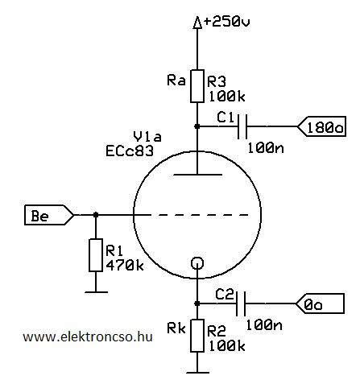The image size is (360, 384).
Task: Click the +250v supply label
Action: (x=227, y=22)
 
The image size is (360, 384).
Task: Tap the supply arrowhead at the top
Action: (x=197, y=22)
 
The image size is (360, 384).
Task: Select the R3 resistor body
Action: (x=197, y=86)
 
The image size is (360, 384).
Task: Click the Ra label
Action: (x=176, y=81)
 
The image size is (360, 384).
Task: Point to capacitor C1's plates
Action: (x=242, y=126)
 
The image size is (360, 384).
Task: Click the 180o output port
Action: (x=321, y=126)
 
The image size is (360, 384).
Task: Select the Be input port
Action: (x=49, y=215)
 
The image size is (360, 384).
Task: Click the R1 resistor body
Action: (x=96, y=255)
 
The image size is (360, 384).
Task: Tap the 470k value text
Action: (x=125, y=266)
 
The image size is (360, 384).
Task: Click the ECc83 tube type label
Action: (x=130, y=151)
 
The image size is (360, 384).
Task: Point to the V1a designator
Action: (x=147, y=137)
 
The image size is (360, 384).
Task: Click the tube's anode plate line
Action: (x=197, y=175)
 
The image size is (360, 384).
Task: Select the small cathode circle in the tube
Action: (x=197, y=263)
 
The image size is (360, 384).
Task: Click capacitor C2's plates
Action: (x=241, y=303)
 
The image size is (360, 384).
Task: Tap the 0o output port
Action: (x=320, y=303)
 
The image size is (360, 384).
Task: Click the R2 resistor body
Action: (x=197, y=336)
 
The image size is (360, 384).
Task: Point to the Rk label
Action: (x=176, y=328)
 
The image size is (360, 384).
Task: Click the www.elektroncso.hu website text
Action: (x=88, y=337)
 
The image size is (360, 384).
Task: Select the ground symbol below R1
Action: (x=96, y=292)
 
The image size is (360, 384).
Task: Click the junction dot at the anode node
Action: (x=197, y=126)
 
